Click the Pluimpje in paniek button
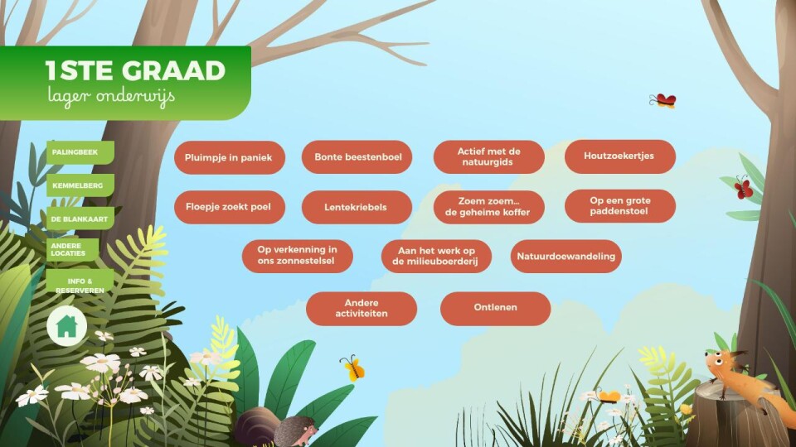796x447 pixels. (x=230, y=157)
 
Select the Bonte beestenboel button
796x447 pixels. (x=357, y=157)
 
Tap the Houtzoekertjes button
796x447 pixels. (x=620, y=156)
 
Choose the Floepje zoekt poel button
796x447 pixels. (x=230, y=207)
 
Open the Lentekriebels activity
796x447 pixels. (x=357, y=207)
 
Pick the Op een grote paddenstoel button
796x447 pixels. (x=620, y=206)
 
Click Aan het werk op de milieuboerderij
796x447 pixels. (x=436, y=256)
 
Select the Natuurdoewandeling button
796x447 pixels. (x=566, y=256)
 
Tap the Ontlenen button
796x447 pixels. (x=496, y=308)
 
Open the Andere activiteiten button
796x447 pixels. (x=362, y=308)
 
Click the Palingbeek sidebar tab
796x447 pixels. (x=80, y=152)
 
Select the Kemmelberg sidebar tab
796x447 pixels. (x=80, y=185)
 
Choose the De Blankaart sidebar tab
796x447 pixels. (x=80, y=219)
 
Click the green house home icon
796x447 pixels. (x=66, y=326)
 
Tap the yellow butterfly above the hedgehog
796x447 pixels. (x=353, y=368)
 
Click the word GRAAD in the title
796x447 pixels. (x=173, y=71)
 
